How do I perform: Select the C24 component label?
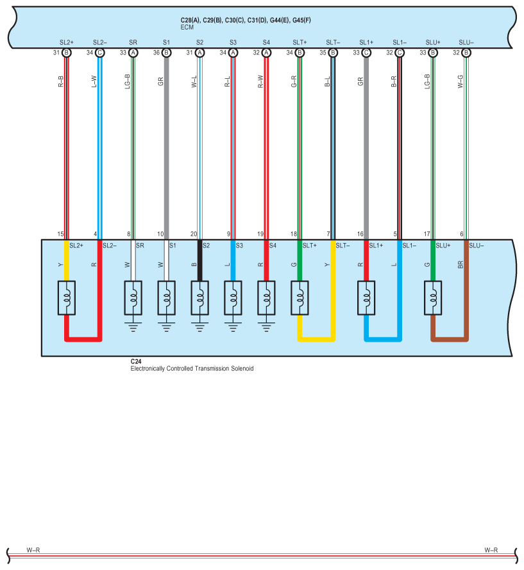[x=135, y=362]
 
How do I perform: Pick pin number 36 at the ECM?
[x=156, y=53]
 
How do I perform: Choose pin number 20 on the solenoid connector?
[x=194, y=235]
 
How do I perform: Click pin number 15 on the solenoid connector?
[x=60, y=235]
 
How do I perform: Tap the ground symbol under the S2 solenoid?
[x=199, y=326]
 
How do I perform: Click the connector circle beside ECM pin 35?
[x=333, y=53]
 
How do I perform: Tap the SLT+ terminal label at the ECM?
[x=300, y=42]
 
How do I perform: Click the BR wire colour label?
[x=461, y=264]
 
